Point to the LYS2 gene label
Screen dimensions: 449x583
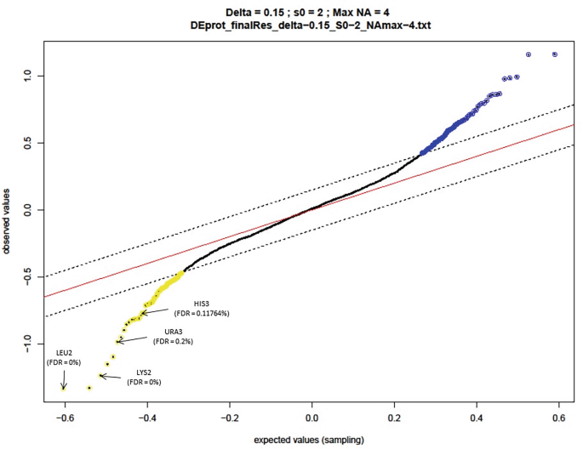(x=144, y=372)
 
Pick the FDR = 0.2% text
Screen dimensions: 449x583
(x=173, y=341)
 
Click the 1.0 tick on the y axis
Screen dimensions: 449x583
(x=28, y=75)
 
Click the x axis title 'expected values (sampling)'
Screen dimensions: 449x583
(x=312, y=440)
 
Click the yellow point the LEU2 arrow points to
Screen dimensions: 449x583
(x=64, y=388)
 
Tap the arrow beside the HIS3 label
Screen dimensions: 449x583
(x=157, y=312)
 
